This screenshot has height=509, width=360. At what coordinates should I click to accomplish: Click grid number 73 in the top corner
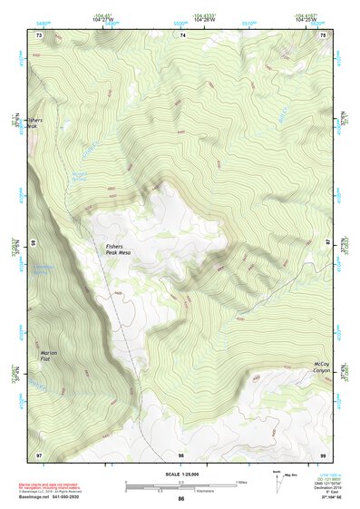coord(38,34)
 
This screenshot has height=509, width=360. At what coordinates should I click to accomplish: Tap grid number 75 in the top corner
coord(325,34)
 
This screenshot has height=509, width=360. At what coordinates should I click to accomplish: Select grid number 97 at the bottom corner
coord(38,454)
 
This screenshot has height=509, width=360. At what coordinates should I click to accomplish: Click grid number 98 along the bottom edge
coord(181,454)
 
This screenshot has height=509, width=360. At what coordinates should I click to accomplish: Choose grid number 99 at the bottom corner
coord(325,454)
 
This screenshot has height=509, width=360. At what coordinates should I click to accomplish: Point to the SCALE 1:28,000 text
coord(181,474)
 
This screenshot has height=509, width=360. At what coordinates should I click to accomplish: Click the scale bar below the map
coord(181,487)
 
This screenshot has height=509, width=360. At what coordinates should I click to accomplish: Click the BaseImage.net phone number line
coord(50,498)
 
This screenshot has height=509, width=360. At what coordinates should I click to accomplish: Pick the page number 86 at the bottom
coord(181,500)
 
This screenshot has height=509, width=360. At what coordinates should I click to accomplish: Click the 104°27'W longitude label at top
coord(105,18)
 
